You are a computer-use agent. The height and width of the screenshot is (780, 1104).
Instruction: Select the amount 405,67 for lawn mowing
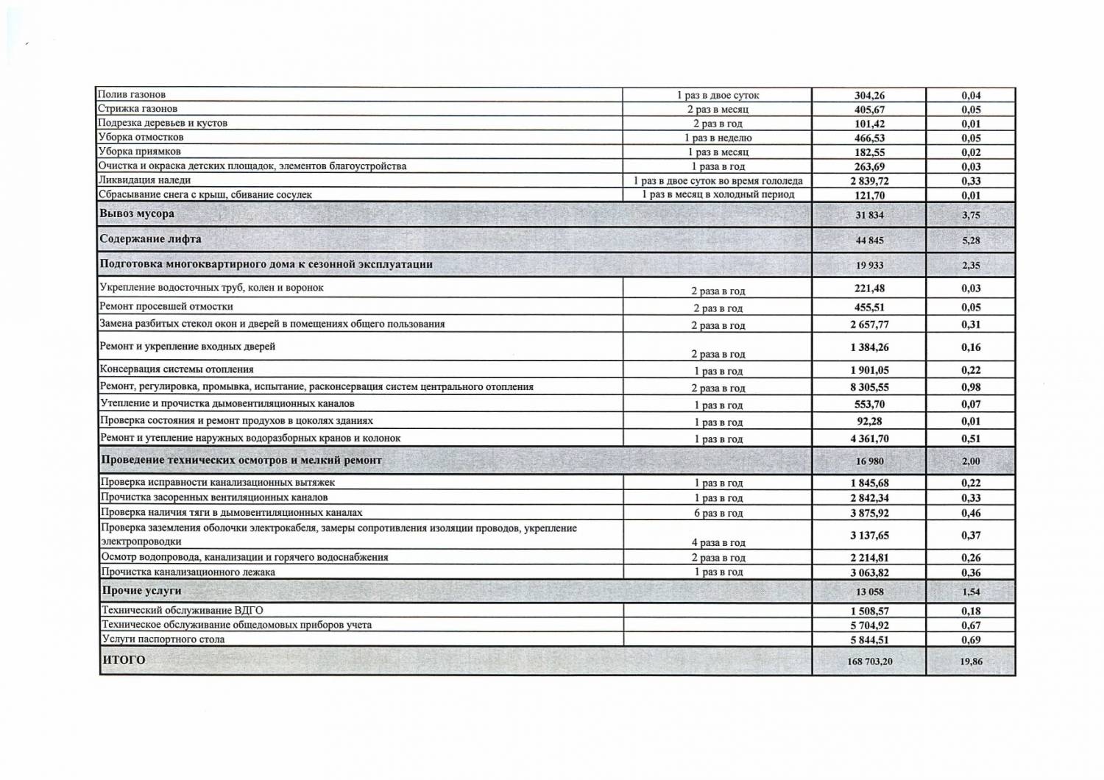869,110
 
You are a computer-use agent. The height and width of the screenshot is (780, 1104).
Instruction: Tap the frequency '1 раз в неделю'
718,138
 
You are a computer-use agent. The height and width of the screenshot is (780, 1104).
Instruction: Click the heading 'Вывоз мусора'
137,214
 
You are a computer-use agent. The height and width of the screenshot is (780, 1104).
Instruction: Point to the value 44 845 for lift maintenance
869,241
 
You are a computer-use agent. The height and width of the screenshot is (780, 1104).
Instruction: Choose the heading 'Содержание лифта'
150,239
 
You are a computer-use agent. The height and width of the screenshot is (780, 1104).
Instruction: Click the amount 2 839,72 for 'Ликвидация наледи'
869,181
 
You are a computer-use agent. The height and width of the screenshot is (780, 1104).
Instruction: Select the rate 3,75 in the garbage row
971,216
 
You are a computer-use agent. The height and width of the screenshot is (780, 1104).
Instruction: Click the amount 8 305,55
869,387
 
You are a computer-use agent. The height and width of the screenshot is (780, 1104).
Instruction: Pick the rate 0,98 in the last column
971,387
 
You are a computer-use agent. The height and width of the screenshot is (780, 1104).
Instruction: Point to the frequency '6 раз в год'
718,513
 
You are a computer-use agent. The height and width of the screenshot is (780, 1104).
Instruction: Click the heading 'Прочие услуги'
141,591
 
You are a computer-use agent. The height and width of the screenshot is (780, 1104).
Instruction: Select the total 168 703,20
869,662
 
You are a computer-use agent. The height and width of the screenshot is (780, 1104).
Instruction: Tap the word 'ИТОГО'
124,660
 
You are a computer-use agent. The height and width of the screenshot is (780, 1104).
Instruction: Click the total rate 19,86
971,662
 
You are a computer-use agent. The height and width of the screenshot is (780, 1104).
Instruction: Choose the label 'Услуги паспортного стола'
163,639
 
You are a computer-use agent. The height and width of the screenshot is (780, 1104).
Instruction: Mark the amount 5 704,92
869,625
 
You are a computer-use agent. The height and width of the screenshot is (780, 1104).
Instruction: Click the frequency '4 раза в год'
718,542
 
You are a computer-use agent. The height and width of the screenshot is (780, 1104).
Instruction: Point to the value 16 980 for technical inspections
869,461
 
